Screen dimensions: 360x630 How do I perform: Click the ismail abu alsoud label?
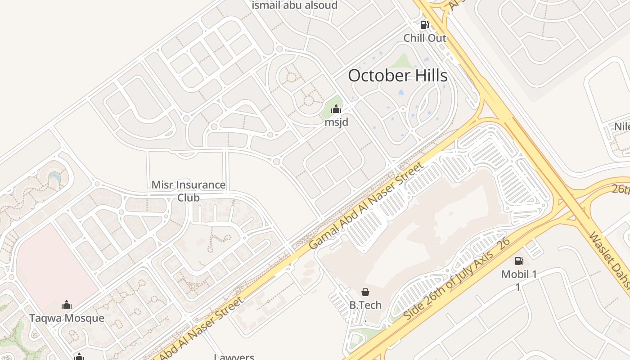(x=294, y=5)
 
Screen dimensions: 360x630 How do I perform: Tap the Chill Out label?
(x=424, y=38)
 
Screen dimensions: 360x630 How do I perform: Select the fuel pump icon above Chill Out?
(x=424, y=25)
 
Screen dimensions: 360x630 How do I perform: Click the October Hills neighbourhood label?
(x=397, y=75)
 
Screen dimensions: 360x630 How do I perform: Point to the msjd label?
(x=336, y=122)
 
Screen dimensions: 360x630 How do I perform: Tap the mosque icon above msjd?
(x=336, y=109)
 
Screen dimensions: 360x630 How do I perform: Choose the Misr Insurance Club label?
(x=189, y=191)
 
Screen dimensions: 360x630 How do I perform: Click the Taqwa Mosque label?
(x=67, y=318)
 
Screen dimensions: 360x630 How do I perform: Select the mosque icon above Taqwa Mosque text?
(x=67, y=305)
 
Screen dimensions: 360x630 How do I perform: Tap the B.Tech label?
(x=365, y=305)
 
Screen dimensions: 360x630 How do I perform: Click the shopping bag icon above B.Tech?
(x=365, y=292)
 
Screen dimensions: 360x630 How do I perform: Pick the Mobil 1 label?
(x=519, y=274)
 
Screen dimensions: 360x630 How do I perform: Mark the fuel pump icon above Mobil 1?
(x=519, y=261)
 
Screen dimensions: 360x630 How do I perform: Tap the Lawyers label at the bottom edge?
(x=234, y=357)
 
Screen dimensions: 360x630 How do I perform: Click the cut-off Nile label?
(x=622, y=126)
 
